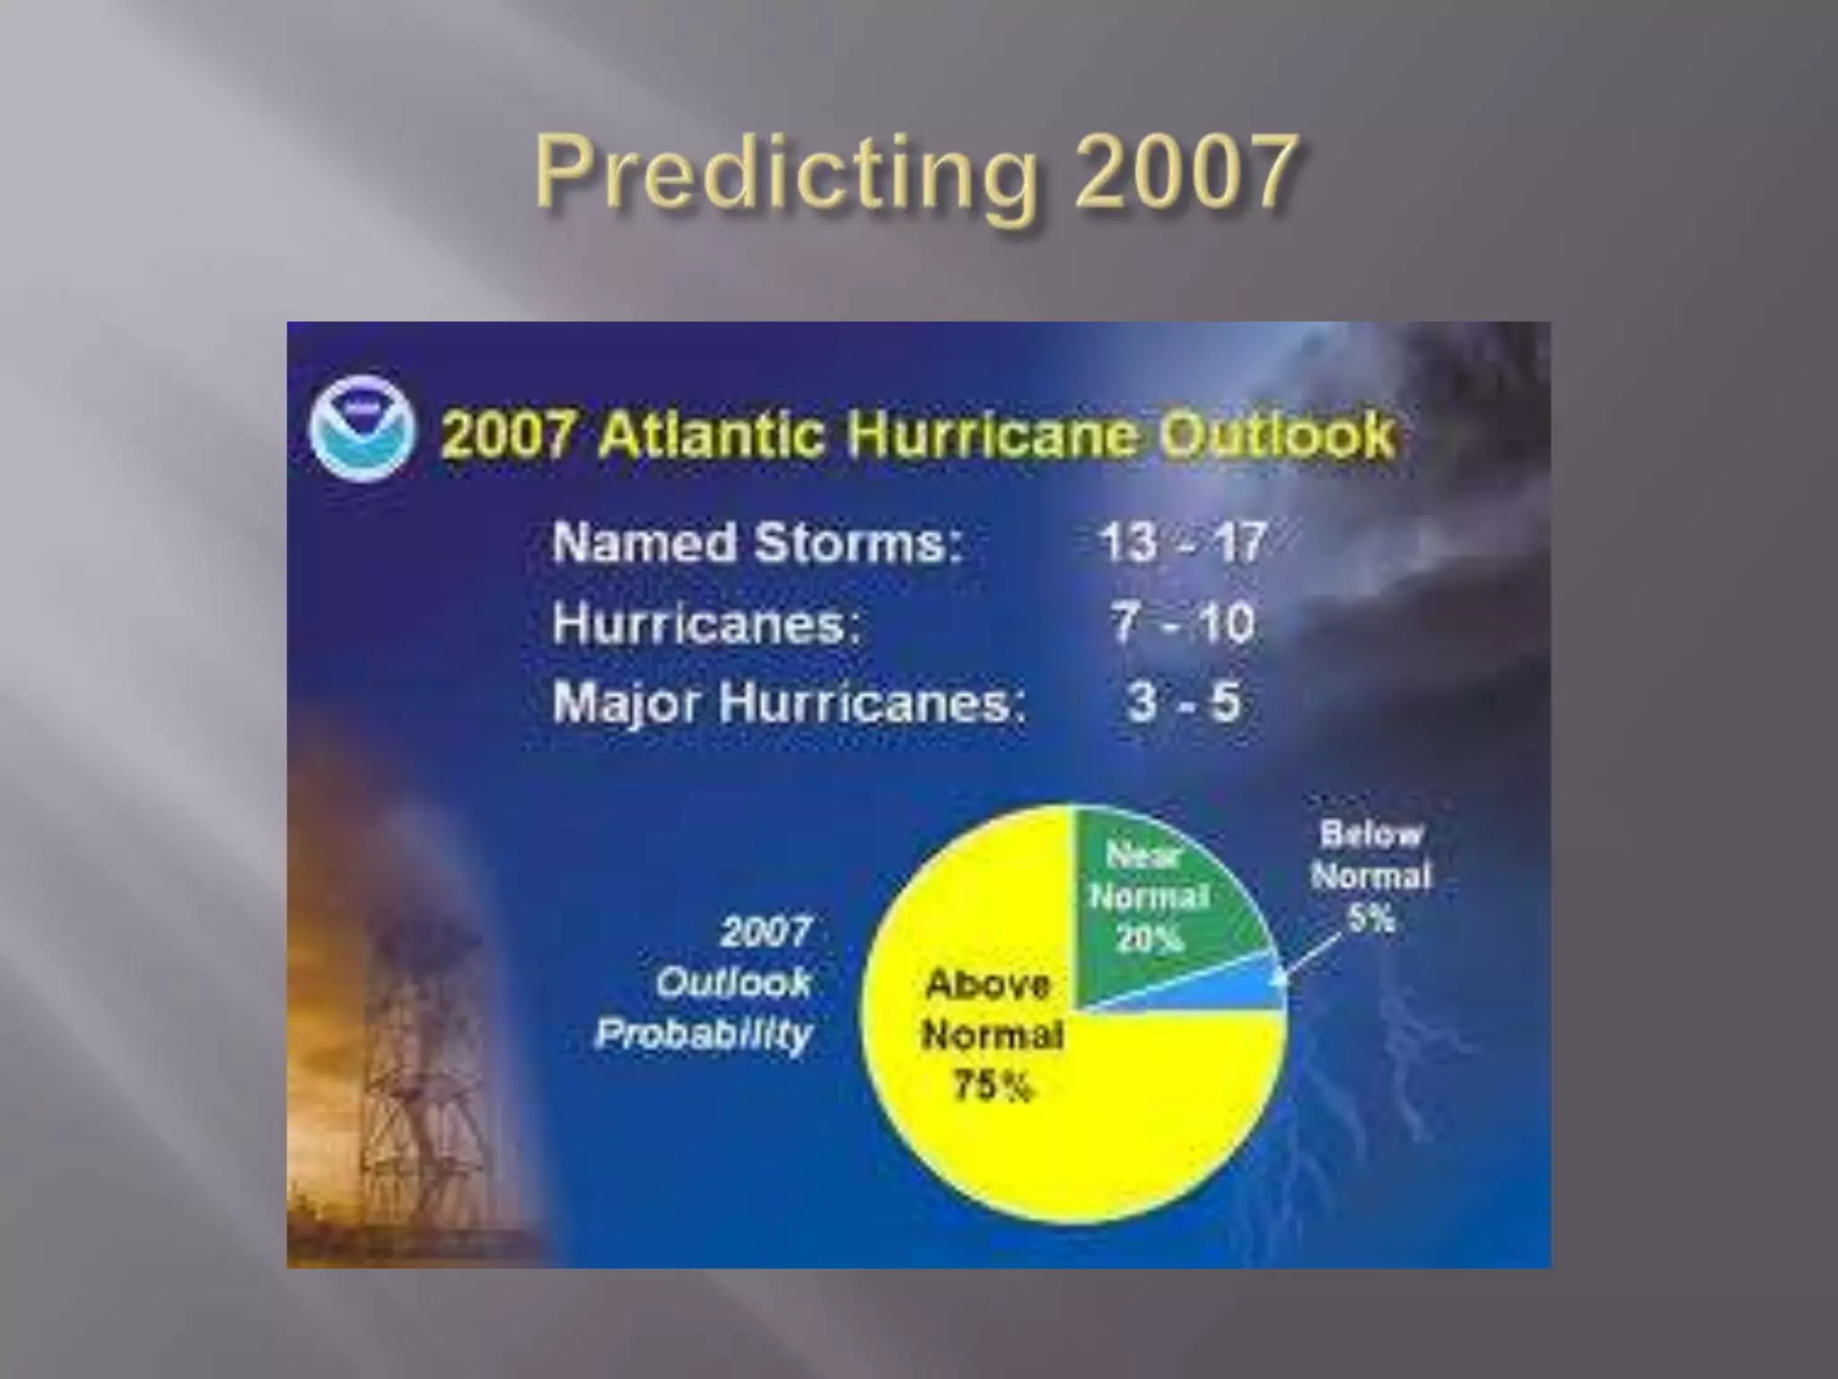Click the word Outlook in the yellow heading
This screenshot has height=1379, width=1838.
1275,435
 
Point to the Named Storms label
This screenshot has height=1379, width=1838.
757,543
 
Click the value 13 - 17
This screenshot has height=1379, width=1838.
1182,542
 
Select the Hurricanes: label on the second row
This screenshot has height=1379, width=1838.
706,623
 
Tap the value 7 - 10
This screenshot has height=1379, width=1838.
1182,622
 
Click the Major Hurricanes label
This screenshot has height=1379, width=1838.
789,702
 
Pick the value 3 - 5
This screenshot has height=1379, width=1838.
1184,702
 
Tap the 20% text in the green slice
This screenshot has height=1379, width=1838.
1149,940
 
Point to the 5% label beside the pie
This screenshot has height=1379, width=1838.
1370,918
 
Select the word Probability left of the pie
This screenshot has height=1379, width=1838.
704,1034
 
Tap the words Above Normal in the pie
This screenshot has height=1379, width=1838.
991,1010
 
